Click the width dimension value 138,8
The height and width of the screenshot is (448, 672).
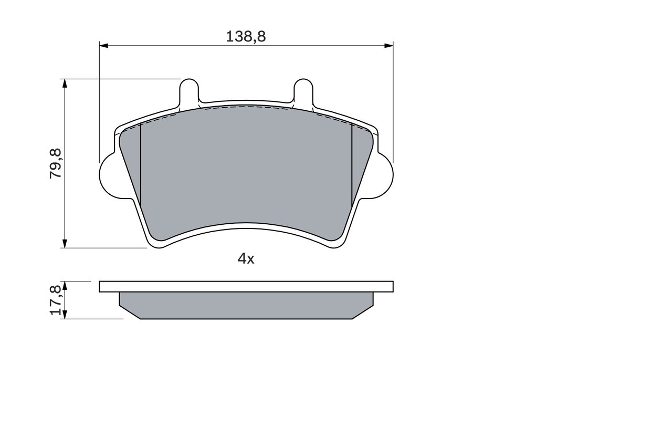point(246,36)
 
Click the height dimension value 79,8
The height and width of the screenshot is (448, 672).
point(56,163)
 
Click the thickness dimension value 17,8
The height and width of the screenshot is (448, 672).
point(56,300)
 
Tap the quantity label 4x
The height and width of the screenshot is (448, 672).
point(246,258)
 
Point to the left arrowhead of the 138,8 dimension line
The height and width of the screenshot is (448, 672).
point(103,46)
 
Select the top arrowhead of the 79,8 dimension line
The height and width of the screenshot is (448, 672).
point(65,83)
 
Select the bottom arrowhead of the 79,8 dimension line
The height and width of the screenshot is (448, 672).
point(65,244)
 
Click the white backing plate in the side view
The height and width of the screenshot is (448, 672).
point(246,286)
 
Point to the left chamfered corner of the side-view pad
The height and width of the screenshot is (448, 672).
point(129,312)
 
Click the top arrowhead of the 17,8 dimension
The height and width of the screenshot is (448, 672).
point(65,285)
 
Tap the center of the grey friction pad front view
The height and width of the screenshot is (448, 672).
point(246,168)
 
